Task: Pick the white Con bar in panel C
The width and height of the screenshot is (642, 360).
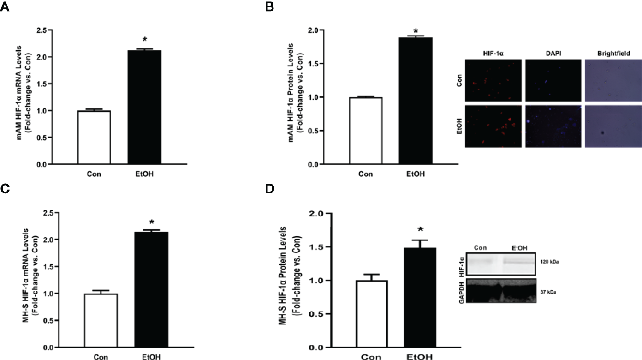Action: (x=101, y=320)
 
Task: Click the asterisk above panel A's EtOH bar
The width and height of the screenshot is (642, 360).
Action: (x=144, y=40)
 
